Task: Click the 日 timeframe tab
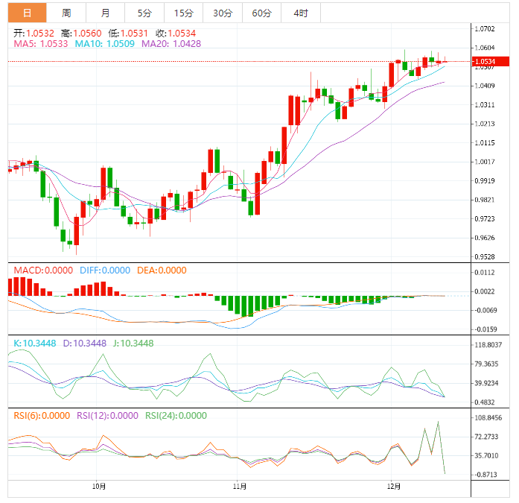pyautogui.click(x=28, y=13)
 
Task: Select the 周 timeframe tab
pyautogui.click(x=66, y=13)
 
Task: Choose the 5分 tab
pyautogui.click(x=144, y=13)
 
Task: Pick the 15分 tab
pyautogui.click(x=183, y=13)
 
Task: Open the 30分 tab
pyautogui.click(x=222, y=13)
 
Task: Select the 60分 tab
pyautogui.click(x=261, y=13)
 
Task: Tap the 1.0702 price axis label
pyautogui.click(x=484, y=29)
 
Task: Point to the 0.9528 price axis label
pyautogui.click(x=484, y=257)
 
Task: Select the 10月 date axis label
pyautogui.click(x=99, y=487)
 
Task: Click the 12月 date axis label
pyautogui.click(x=394, y=487)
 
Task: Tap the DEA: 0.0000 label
pyautogui.click(x=162, y=271)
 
